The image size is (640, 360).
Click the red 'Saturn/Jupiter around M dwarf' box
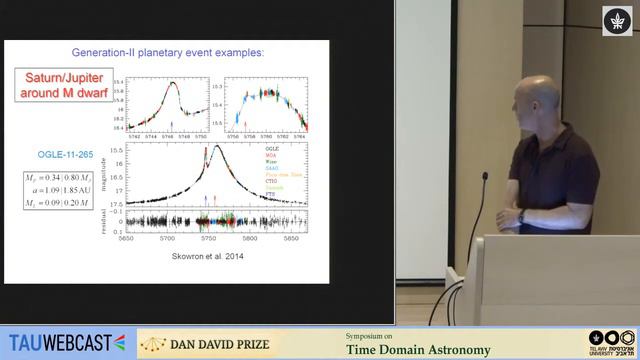(x=60, y=85)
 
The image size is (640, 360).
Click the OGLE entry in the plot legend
(x=271, y=148)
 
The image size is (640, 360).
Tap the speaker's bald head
(x=527, y=100)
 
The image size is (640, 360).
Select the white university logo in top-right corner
(x=614, y=22)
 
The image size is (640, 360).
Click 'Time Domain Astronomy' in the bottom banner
(x=417, y=349)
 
